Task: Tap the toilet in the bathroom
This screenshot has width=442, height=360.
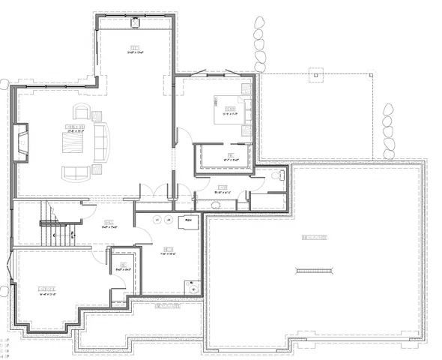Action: (276, 175)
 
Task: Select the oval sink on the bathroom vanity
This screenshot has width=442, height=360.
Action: (215, 203)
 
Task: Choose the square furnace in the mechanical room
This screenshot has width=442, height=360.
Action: (188, 220)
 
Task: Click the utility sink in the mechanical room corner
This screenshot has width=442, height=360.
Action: (193, 285)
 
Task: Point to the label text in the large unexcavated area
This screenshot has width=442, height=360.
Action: (313, 238)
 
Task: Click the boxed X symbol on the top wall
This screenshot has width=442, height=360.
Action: (136, 22)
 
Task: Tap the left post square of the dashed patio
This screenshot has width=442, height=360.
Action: (316, 75)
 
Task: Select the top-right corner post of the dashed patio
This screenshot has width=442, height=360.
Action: (372, 75)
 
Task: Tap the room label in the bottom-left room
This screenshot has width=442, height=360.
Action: (46, 288)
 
